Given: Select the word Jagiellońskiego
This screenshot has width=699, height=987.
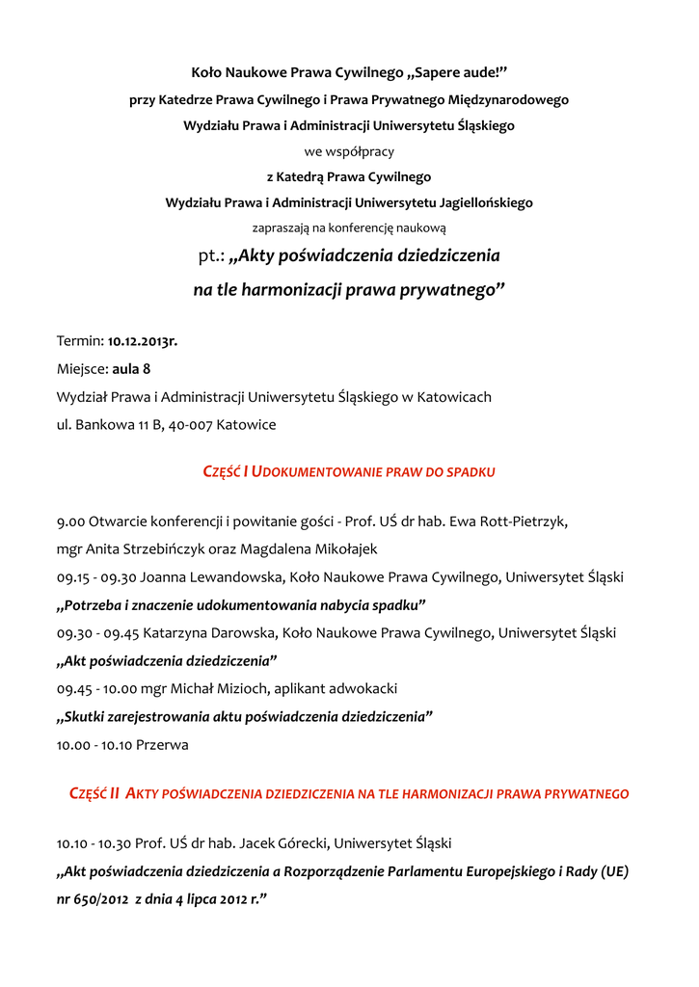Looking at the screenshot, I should click(x=481, y=203).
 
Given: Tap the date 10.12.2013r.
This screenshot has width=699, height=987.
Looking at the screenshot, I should click(x=143, y=341).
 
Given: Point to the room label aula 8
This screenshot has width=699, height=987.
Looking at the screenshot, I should click(x=131, y=369).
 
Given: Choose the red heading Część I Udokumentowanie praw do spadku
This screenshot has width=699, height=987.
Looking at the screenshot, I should click(x=349, y=472).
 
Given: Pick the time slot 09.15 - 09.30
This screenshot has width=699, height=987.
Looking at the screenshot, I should click(x=96, y=577).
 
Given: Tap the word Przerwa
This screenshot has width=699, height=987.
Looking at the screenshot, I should click(x=162, y=745).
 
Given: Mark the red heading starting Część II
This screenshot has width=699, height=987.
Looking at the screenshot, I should click(x=349, y=794).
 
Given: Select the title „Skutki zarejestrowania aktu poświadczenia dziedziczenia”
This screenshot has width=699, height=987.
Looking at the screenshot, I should click(x=245, y=717).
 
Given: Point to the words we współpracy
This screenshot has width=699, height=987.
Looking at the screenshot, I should click(x=349, y=151).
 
